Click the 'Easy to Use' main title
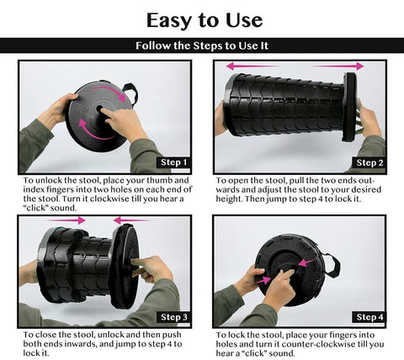pos(205,21)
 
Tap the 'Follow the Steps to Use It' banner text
pos(202,45)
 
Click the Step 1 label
pos(173,162)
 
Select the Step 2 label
pos(369,162)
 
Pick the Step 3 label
pos(174,317)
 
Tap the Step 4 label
pos(369,317)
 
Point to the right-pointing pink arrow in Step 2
pos(338,66)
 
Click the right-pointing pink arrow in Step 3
pos(66,220)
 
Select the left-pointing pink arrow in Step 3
pos(131,220)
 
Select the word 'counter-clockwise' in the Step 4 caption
pos(318,344)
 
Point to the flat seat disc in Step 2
pos(349,107)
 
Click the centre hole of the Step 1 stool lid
pos(99,109)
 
